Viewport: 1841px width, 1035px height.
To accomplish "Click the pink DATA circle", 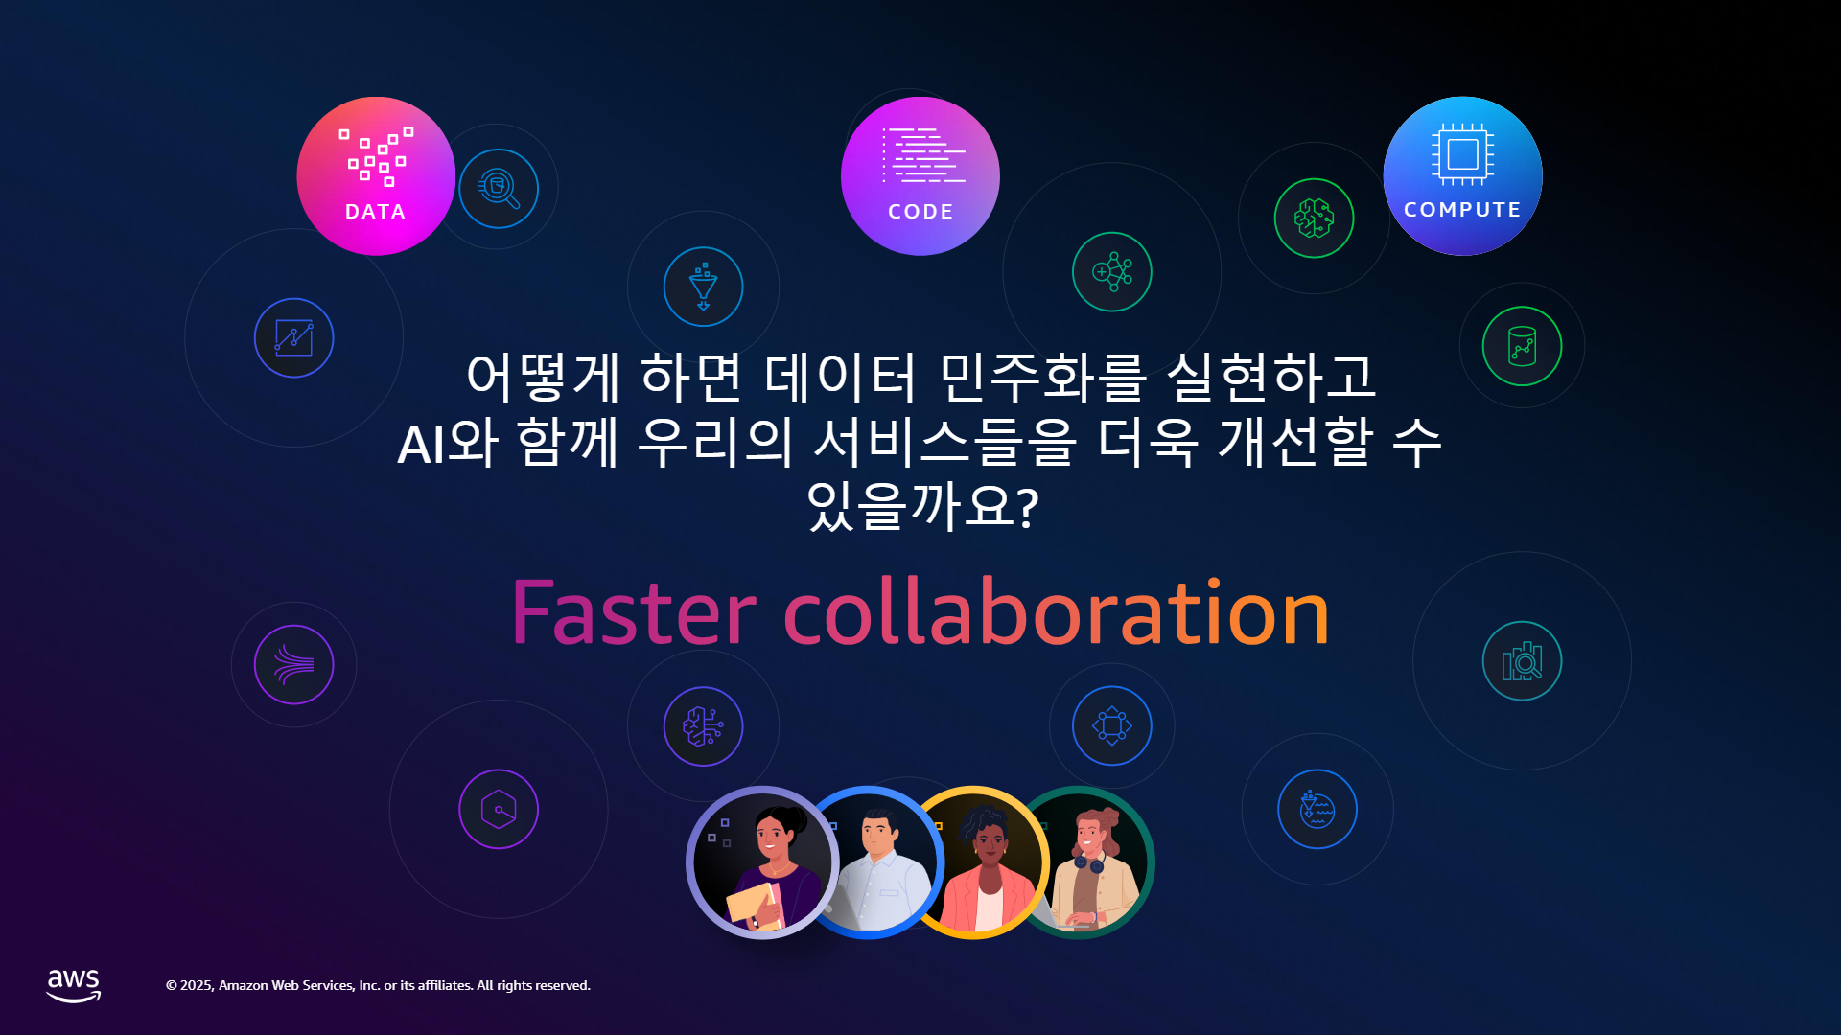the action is click(376, 176).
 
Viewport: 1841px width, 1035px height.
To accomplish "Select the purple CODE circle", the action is click(920, 176).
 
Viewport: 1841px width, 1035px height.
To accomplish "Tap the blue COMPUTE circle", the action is click(1463, 176).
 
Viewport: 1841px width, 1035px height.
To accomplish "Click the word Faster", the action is click(634, 613).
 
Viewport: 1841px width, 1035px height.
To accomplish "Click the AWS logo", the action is click(74, 985).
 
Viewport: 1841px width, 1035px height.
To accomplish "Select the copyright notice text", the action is click(378, 985).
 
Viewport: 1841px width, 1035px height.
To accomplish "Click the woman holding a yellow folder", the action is click(763, 862).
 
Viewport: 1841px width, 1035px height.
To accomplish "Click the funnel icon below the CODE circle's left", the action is click(704, 287).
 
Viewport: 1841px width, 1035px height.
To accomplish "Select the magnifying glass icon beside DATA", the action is click(499, 189).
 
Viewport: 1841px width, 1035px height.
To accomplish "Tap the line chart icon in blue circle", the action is click(294, 338).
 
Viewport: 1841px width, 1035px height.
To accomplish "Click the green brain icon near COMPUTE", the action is click(1315, 218).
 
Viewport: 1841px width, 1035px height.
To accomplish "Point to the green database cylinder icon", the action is click(1523, 346).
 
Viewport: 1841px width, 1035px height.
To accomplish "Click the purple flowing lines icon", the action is click(294, 665).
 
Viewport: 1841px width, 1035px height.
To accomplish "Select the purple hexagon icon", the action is click(499, 810).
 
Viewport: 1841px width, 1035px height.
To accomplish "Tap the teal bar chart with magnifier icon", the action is click(1523, 661).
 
